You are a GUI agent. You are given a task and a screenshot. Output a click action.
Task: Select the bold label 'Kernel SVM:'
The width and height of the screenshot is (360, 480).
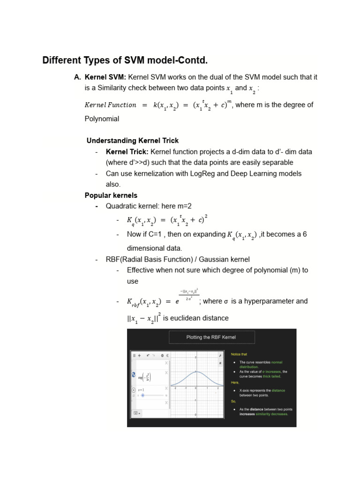pyautogui.click(x=105, y=77)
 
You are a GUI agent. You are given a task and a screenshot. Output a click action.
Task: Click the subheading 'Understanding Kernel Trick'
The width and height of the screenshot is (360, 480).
pyautogui.click(x=133, y=141)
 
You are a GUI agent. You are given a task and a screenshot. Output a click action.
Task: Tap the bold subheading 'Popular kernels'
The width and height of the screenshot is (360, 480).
pyautogui.click(x=111, y=195)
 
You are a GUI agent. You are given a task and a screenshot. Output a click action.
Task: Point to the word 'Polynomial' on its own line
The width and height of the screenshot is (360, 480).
pyautogui.click(x=102, y=119)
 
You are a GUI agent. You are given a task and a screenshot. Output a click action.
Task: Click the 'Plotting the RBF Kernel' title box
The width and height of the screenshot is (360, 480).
pyautogui.click(x=211, y=337)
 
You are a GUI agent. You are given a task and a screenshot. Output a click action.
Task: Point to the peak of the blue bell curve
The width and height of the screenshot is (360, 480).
pyautogui.click(x=196, y=372)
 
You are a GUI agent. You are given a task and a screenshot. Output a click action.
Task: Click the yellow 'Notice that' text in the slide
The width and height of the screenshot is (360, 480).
pyautogui.click(x=239, y=354)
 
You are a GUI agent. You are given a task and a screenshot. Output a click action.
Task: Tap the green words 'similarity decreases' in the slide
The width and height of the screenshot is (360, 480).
pyautogui.click(x=272, y=414)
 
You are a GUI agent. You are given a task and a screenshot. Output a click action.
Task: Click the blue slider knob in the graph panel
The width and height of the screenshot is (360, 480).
pyautogui.click(x=142, y=395)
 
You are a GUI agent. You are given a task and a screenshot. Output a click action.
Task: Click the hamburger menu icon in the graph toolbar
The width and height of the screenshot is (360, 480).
pyautogui.click(x=134, y=356)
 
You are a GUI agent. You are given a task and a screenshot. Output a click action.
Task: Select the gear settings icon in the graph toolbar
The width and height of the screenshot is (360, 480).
pyautogui.click(x=162, y=356)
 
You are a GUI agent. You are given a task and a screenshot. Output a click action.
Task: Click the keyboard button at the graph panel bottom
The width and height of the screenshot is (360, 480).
pyautogui.click(x=136, y=413)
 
